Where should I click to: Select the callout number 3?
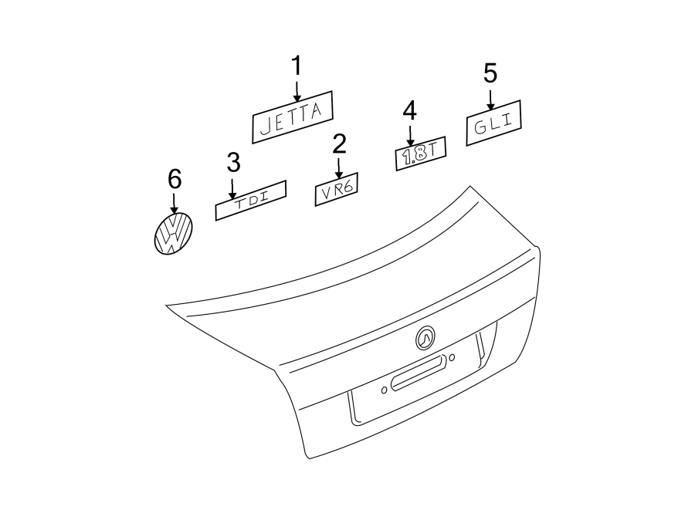pos(233,162)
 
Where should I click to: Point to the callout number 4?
pos(409,110)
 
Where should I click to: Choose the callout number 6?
pos(175,179)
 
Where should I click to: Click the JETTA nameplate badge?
pos(293,116)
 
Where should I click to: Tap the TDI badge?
pos(250,200)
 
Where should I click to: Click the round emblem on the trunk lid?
pos(425,337)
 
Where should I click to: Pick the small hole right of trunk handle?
pos(452,356)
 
